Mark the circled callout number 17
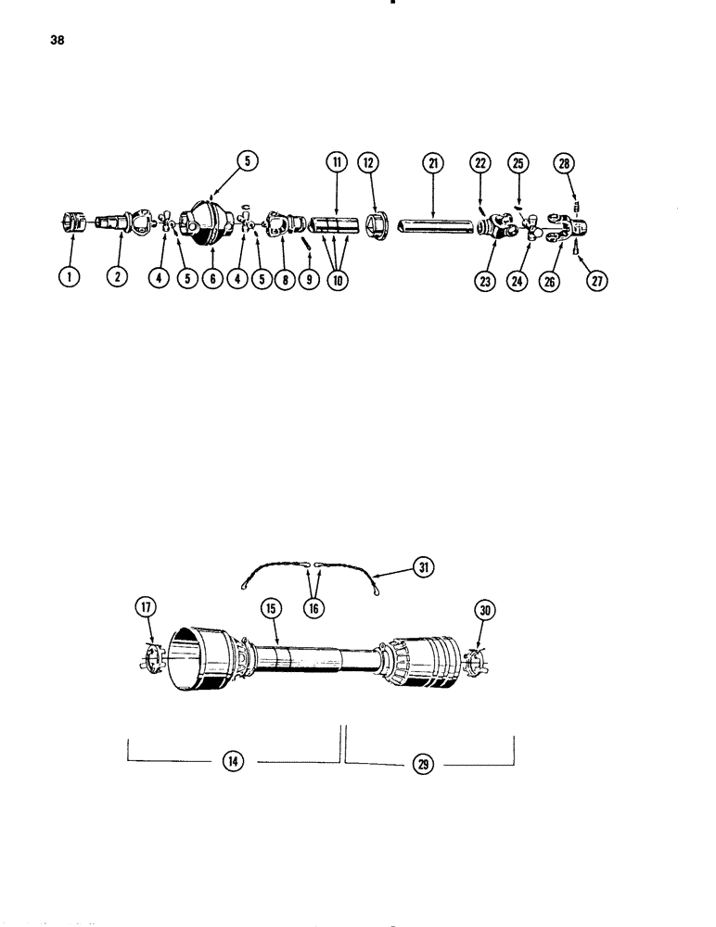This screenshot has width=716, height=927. [x=146, y=607]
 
